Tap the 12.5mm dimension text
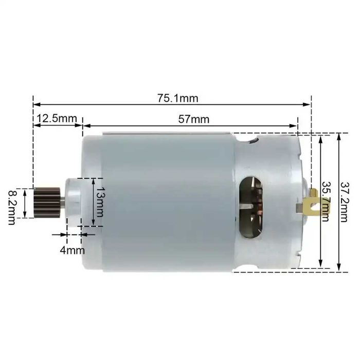click(56, 118)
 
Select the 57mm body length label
click(193, 119)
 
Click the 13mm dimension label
click(99, 202)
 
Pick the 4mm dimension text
click(72, 250)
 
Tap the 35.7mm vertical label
click(325, 201)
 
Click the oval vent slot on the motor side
click(251, 207)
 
